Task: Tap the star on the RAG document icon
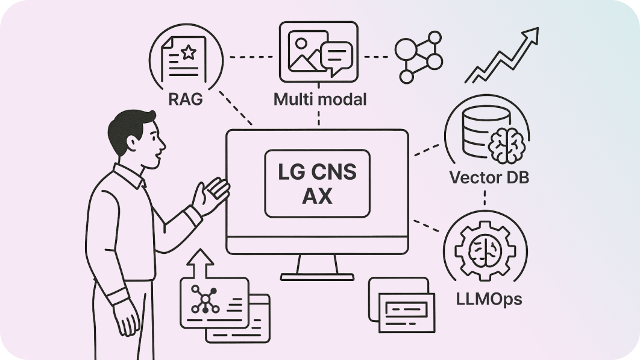pos(189,53)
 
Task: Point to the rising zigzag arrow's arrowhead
pos(531,34)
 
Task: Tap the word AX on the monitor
pos(317,196)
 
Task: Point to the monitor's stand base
pos(317,276)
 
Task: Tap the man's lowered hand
pos(128,318)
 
